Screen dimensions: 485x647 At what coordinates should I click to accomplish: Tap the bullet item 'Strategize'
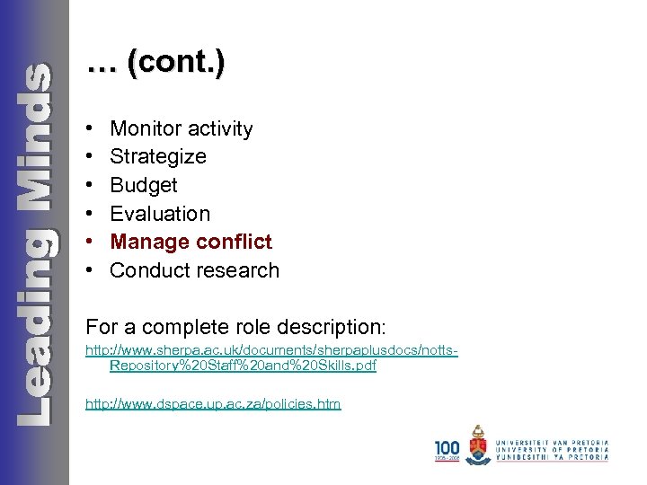point(157,157)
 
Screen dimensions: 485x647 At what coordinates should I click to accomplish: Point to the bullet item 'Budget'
point(144,185)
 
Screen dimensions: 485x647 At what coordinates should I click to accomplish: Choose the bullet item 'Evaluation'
point(160,214)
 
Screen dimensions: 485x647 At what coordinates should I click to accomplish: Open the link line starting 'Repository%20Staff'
point(243,366)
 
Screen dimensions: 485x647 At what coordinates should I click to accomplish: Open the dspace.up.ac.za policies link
point(213,405)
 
